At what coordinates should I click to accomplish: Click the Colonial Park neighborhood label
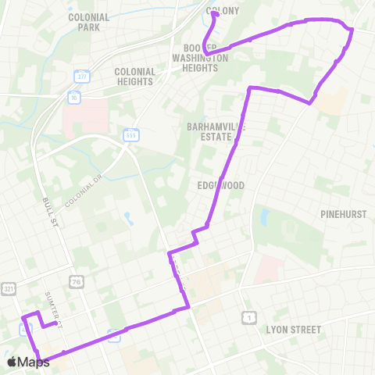point(89,21)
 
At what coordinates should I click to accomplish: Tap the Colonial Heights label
point(135,76)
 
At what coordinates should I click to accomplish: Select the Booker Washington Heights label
point(200,57)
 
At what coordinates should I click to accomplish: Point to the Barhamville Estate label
point(211,130)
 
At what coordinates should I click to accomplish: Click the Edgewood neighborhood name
point(221,186)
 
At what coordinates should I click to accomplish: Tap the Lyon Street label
point(293,330)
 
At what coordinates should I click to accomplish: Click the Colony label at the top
point(223,11)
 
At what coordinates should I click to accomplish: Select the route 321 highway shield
point(8,288)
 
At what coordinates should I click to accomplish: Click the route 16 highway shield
point(73,98)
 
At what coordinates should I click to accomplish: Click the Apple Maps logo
point(27,362)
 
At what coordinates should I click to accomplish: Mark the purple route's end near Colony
point(213,13)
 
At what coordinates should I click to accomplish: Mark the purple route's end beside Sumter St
point(45,326)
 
